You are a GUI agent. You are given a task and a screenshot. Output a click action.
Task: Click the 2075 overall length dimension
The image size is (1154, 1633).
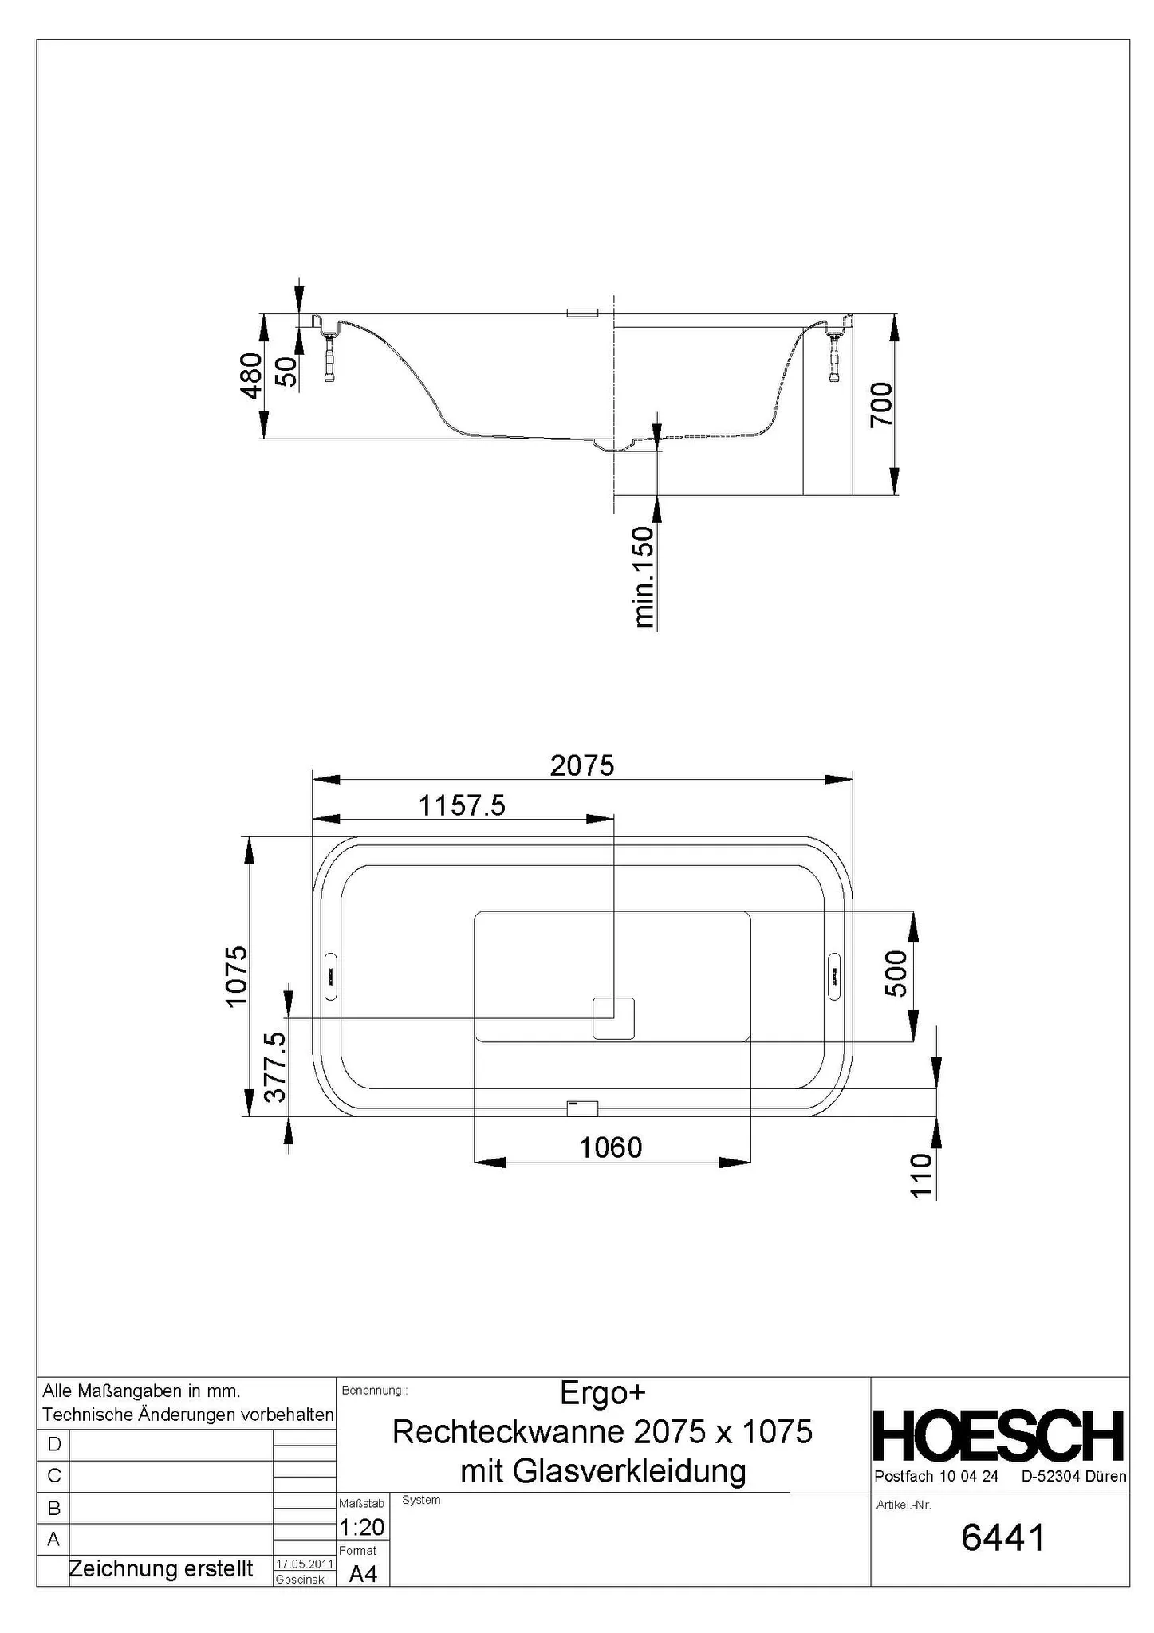[x=582, y=765]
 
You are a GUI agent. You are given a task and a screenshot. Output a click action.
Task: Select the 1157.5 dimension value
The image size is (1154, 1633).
[x=463, y=805]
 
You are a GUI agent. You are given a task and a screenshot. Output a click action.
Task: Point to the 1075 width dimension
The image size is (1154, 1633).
[x=237, y=976]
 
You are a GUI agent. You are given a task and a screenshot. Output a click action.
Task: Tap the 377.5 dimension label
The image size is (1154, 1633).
[x=275, y=1066]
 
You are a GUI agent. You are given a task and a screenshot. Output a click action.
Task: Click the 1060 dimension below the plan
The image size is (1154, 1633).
[x=610, y=1147]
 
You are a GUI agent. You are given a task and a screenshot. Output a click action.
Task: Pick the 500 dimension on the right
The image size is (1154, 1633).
[x=896, y=973]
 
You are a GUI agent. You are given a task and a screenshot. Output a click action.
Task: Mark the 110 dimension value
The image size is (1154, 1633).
[x=921, y=1175]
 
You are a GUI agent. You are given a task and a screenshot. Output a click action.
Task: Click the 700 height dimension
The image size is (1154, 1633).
[x=882, y=404]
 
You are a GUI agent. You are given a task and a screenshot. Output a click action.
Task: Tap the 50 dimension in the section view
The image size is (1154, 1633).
[x=286, y=371]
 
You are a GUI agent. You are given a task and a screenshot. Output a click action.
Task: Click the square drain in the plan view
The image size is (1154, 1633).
[x=613, y=1018]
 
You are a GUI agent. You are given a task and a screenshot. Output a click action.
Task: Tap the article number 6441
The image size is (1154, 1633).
[x=1002, y=1538]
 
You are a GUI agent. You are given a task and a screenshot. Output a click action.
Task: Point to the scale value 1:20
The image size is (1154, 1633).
[x=362, y=1526]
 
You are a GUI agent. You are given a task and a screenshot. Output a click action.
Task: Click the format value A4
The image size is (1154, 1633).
[x=363, y=1574]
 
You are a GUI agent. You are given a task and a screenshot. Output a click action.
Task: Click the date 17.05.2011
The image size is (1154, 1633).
[x=304, y=1564]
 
